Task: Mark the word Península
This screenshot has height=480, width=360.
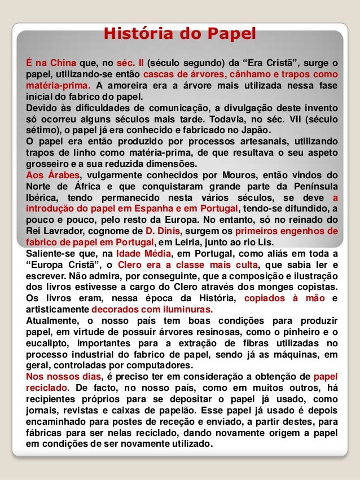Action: (x=311, y=186)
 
